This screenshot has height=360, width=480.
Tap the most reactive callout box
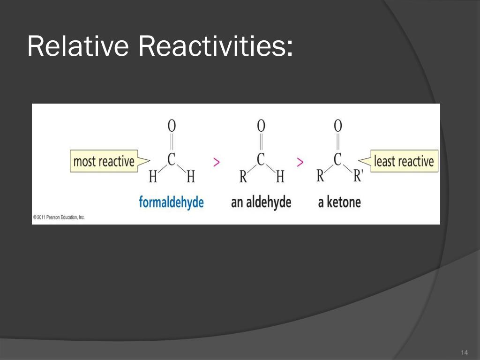click(x=104, y=161)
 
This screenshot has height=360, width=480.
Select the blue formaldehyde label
click(x=171, y=202)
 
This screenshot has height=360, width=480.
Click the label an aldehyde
click(x=261, y=202)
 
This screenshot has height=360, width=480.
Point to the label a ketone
click(x=339, y=202)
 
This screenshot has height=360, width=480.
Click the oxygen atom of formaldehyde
click(x=172, y=126)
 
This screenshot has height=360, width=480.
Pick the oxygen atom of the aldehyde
click(x=261, y=126)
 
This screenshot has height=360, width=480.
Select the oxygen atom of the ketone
click(x=337, y=126)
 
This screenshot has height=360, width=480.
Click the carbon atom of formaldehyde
click(x=172, y=159)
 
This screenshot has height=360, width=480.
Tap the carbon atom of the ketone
click(x=337, y=159)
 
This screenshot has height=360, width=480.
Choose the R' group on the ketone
click(x=358, y=176)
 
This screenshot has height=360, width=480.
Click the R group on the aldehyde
click(x=243, y=176)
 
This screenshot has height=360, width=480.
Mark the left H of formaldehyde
click(x=153, y=176)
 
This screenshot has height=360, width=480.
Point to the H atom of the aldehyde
click(x=280, y=176)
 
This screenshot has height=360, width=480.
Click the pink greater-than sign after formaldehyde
click(x=217, y=162)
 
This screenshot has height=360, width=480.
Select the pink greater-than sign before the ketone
click(x=300, y=162)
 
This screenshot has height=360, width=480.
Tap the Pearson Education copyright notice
click(x=59, y=217)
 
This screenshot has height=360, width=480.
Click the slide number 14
click(x=464, y=352)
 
